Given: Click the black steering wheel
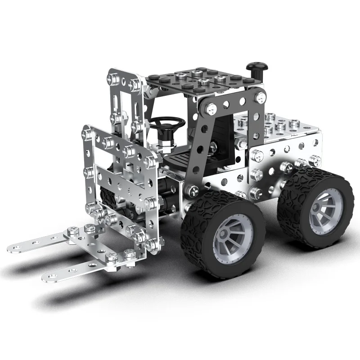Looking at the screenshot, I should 167,122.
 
